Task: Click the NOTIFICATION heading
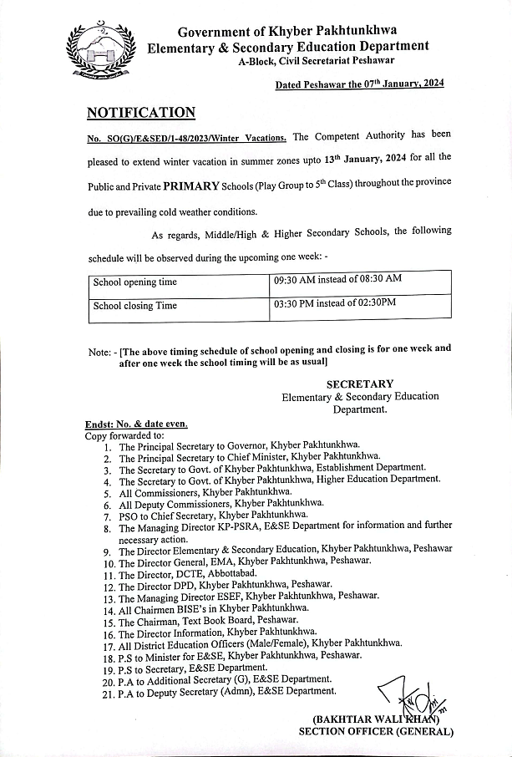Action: tap(141, 113)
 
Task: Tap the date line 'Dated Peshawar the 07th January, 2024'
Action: tap(359, 84)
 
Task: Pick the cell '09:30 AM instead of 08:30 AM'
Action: tap(337, 278)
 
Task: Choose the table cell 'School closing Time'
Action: tap(135, 306)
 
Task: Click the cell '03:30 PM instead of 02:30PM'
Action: tap(334, 302)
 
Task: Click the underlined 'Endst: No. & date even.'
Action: tap(136, 424)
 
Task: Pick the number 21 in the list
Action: tap(109, 692)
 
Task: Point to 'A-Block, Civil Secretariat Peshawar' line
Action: tap(317, 62)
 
